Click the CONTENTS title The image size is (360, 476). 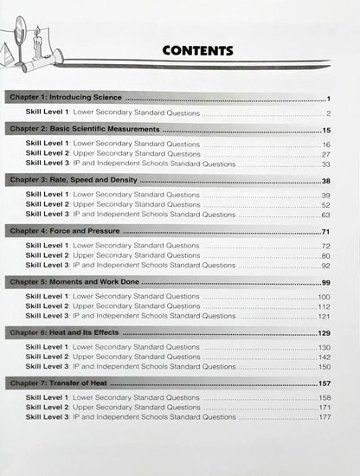coord(197,50)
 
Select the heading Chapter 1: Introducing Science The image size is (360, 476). coord(65,98)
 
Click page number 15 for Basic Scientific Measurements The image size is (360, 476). coord(327,129)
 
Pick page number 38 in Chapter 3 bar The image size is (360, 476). coord(327,181)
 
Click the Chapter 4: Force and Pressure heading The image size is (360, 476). coord(64,232)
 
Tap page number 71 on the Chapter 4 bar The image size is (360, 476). coord(327,232)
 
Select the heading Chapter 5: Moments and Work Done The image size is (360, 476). coord(74,282)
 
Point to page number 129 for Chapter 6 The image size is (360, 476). coord(325,333)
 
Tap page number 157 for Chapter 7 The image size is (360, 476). coord(325,383)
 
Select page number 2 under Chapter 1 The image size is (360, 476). coord(329,113)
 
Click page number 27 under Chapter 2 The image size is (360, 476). coord(326,154)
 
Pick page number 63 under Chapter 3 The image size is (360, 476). coord(326,215)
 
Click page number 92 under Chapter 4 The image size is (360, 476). coord(326,266)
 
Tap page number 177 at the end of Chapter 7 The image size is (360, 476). coord(325,417)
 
